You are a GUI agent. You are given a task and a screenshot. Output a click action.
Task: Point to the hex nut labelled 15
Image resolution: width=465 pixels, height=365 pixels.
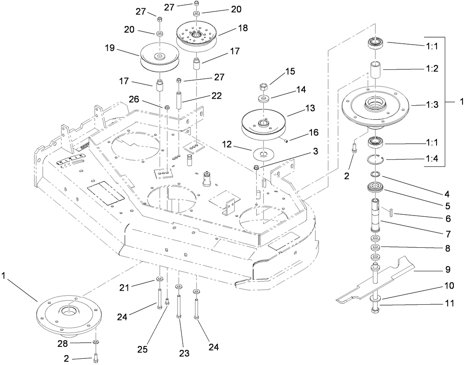264,87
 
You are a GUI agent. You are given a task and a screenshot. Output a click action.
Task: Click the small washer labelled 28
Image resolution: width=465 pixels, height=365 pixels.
95,342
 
